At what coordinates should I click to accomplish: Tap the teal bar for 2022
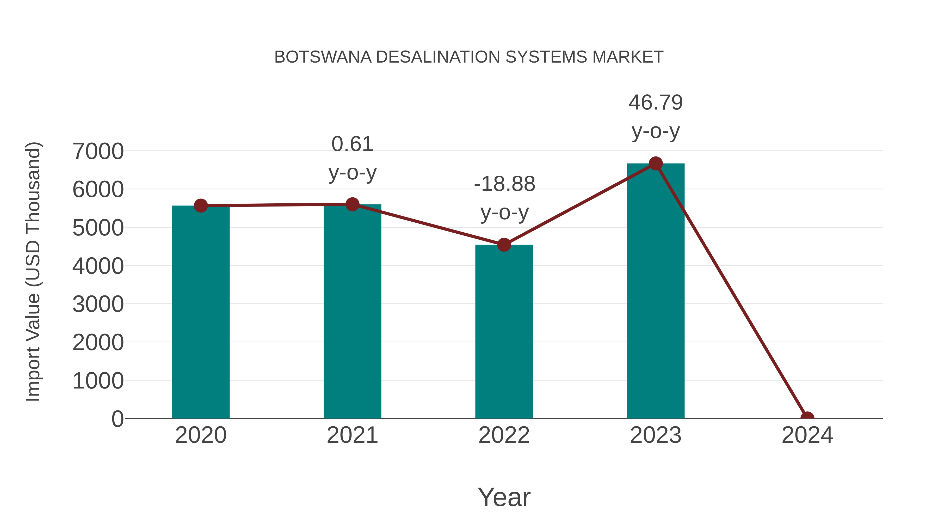(504, 332)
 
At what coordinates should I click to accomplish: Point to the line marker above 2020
(201, 206)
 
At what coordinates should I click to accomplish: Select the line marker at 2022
(504, 245)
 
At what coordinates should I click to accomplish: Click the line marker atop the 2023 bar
(656, 163)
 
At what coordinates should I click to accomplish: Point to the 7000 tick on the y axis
(98, 151)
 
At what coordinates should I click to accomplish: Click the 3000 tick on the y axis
(98, 304)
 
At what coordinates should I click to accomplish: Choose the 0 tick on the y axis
(117, 419)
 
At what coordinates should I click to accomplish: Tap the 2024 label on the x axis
(807, 435)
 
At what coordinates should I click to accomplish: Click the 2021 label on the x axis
(352, 435)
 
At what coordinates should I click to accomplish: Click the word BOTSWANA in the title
(323, 57)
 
